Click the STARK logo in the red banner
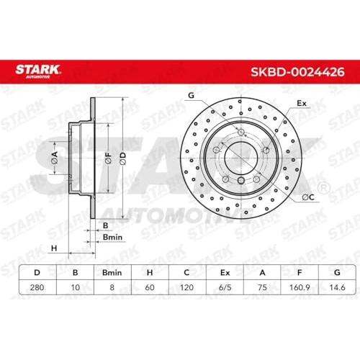(x=37, y=71)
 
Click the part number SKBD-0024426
(x=297, y=72)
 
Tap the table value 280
(x=37, y=287)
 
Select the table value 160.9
(x=300, y=287)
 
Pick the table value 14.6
(x=337, y=287)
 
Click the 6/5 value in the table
(x=225, y=287)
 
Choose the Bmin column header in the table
(x=112, y=273)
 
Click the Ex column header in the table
(x=225, y=273)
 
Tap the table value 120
(x=186, y=287)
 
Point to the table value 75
(x=262, y=287)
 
